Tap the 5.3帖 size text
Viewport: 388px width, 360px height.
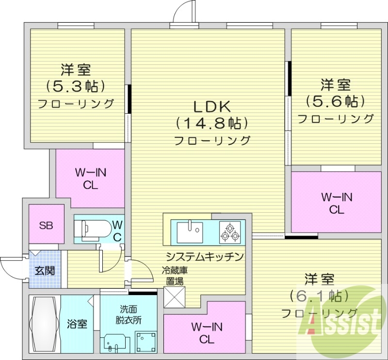click(76, 86)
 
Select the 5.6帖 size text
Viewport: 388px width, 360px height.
click(335, 101)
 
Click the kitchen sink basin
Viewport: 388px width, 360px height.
click(189, 232)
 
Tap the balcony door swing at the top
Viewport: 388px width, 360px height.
click(184, 12)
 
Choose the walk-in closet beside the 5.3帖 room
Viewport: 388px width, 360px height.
click(90, 178)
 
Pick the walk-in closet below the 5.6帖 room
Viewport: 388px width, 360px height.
click(336, 203)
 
